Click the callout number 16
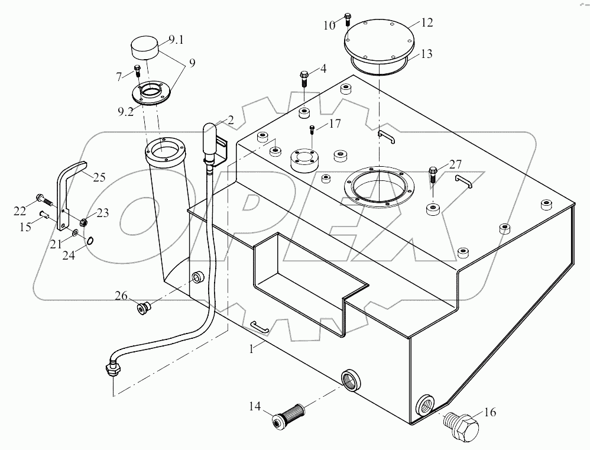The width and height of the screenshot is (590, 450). point(491,413)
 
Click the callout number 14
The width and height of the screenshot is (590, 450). point(254,406)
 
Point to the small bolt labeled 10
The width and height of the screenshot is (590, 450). point(347,20)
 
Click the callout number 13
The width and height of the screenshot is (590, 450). point(426,54)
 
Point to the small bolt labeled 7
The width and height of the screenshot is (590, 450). point(137,72)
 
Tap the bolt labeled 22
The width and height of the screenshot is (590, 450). point(43,200)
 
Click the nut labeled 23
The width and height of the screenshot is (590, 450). point(84,223)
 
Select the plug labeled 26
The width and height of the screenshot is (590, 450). point(142,308)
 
